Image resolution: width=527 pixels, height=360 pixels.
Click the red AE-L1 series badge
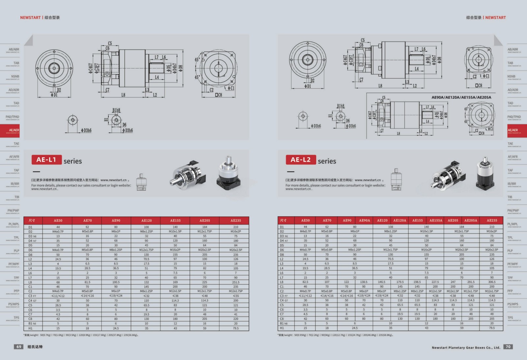[x=46, y=160]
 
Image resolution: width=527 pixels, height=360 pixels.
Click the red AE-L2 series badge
[x=301, y=160]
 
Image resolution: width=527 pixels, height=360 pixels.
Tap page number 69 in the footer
[x=19, y=346]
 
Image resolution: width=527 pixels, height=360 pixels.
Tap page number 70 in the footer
[x=508, y=346]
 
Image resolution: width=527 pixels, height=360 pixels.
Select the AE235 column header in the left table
[x=236, y=220]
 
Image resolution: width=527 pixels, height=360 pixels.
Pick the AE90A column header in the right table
[x=364, y=220]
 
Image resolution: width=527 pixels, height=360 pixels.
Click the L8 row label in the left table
[x=30, y=282]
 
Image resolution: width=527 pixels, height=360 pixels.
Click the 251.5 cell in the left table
[x=236, y=282]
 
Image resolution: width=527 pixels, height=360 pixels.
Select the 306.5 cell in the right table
[x=492, y=282]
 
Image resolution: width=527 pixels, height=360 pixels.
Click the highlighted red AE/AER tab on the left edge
[x=10, y=130]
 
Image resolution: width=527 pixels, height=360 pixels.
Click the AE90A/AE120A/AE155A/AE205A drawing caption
[x=461, y=97]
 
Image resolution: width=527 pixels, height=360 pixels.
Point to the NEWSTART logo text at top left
[x=30, y=17]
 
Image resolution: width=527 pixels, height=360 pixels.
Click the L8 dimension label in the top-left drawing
[x=123, y=95]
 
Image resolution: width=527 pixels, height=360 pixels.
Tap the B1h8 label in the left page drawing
[x=116, y=110]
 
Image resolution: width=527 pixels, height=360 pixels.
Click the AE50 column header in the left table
[x=58, y=220]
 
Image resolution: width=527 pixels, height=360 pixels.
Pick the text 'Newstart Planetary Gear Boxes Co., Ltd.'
[x=466, y=347]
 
